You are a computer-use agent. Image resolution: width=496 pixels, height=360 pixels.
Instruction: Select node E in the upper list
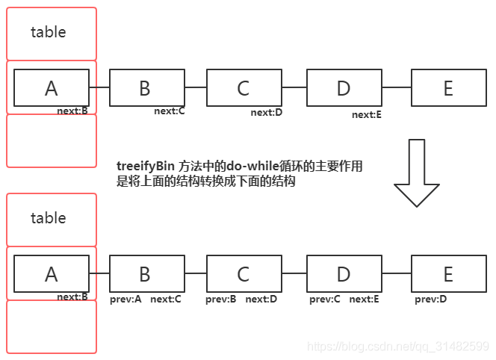(448, 88)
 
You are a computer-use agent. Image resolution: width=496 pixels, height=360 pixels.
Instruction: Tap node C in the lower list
(243, 274)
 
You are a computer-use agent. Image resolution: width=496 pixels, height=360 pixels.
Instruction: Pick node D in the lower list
(344, 274)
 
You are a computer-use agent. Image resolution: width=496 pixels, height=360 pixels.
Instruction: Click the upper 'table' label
(49, 32)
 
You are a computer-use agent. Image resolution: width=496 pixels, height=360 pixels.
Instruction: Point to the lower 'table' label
(49, 218)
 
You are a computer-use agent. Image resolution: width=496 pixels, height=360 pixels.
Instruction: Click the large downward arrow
(417, 172)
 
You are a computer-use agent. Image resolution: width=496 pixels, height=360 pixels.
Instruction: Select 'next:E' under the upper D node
(367, 115)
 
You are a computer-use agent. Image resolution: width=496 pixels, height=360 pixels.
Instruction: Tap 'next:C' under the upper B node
(170, 111)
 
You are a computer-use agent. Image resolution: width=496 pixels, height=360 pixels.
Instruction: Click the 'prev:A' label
(125, 300)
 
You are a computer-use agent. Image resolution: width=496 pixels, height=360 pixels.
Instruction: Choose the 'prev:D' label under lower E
(431, 300)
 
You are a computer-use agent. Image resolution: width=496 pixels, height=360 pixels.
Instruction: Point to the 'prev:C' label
(325, 300)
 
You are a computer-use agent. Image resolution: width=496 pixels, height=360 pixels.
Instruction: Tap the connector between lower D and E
(396, 273)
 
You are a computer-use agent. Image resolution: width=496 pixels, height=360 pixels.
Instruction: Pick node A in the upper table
(51, 88)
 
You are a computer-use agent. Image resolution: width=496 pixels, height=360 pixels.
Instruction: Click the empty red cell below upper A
(52, 140)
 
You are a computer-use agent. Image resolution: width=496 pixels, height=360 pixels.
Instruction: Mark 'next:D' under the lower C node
(261, 300)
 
